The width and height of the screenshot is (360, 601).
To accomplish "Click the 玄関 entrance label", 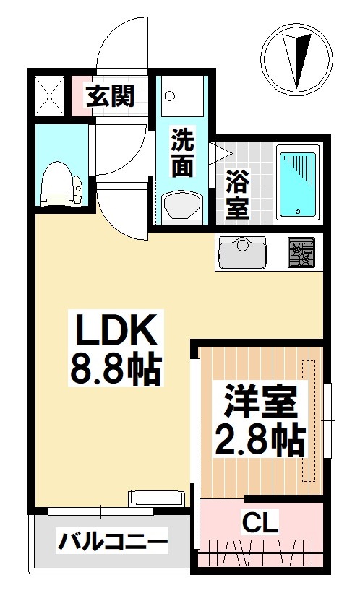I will point(111,96).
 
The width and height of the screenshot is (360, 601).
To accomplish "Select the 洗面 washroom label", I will point(182,154).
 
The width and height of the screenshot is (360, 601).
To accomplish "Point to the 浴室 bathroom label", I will point(236,195).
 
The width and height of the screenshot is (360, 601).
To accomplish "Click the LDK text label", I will point(113,333).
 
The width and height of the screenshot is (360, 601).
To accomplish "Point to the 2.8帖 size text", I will point(259,438).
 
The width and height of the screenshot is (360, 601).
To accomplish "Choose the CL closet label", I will point(258,522).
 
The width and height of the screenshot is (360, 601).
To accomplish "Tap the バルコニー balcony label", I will point(113,540).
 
